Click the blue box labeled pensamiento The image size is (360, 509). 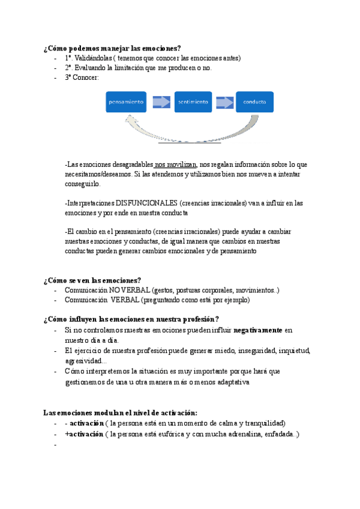click(126, 102)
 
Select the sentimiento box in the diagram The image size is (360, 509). click(193, 102)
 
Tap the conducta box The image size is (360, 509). click(254, 102)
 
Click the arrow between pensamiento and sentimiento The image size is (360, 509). click(161, 102)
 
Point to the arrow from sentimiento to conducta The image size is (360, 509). click(225, 102)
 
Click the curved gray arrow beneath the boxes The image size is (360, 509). click(190, 136)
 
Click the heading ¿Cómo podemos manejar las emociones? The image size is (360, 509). click(112, 48)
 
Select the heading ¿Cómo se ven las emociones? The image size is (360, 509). click(92, 280)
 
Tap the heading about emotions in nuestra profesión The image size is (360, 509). click(131, 319)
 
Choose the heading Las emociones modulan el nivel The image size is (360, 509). click(121, 412)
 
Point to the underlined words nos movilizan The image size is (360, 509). click(175, 164)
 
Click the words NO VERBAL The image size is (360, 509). click(129, 291)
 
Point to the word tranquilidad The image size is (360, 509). click(260, 423)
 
